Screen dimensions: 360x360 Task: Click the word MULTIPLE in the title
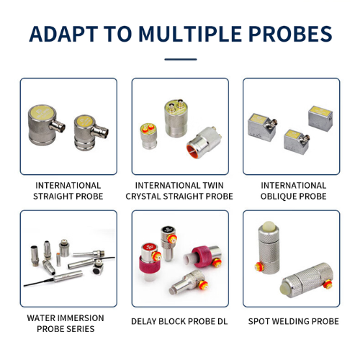point(190,34)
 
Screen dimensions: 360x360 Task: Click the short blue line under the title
point(181,59)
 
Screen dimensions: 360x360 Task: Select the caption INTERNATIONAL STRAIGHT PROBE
point(68,191)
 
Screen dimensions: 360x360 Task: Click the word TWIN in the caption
point(213,186)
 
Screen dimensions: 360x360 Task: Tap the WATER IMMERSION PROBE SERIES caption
point(66,323)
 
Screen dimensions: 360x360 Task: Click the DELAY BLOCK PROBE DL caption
point(179,321)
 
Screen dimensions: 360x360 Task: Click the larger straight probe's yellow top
point(44,113)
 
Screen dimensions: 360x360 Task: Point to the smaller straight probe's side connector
point(100,131)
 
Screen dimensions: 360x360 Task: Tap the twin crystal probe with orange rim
point(204,143)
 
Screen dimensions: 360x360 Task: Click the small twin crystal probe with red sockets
point(148,136)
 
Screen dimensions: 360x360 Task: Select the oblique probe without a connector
point(320,119)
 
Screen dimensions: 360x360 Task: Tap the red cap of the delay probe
point(150,248)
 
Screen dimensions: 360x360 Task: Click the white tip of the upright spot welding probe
point(269,226)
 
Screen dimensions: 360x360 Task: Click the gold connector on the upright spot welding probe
point(259,266)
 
